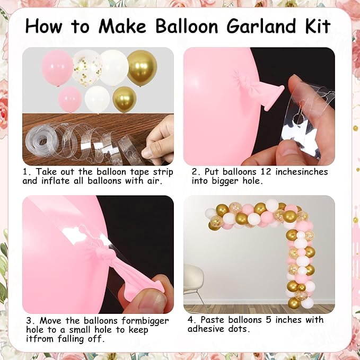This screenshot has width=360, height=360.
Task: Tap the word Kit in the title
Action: tap(318, 25)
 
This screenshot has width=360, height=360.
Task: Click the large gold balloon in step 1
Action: tap(142, 67)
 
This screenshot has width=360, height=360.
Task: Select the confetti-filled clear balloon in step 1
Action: tap(87, 68)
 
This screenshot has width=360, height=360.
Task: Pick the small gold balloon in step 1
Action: tap(125, 100)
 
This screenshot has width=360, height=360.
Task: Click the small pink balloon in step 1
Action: tap(70, 100)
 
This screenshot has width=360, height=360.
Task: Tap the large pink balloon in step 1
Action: tap(57, 68)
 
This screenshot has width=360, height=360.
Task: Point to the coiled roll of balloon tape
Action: tap(40, 141)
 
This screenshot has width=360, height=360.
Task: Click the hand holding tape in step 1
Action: tap(158, 140)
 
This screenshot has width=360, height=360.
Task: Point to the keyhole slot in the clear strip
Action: tap(299, 115)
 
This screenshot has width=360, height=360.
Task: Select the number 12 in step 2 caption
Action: tap(266, 171)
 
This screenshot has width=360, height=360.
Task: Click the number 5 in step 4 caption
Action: tap(268, 320)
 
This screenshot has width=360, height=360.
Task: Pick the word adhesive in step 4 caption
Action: tap(206, 329)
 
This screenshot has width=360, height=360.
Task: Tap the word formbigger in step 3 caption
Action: tap(145, 321)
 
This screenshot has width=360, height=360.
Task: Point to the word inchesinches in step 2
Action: tap(302, 171)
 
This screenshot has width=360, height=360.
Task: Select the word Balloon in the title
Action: tap(187, 25)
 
